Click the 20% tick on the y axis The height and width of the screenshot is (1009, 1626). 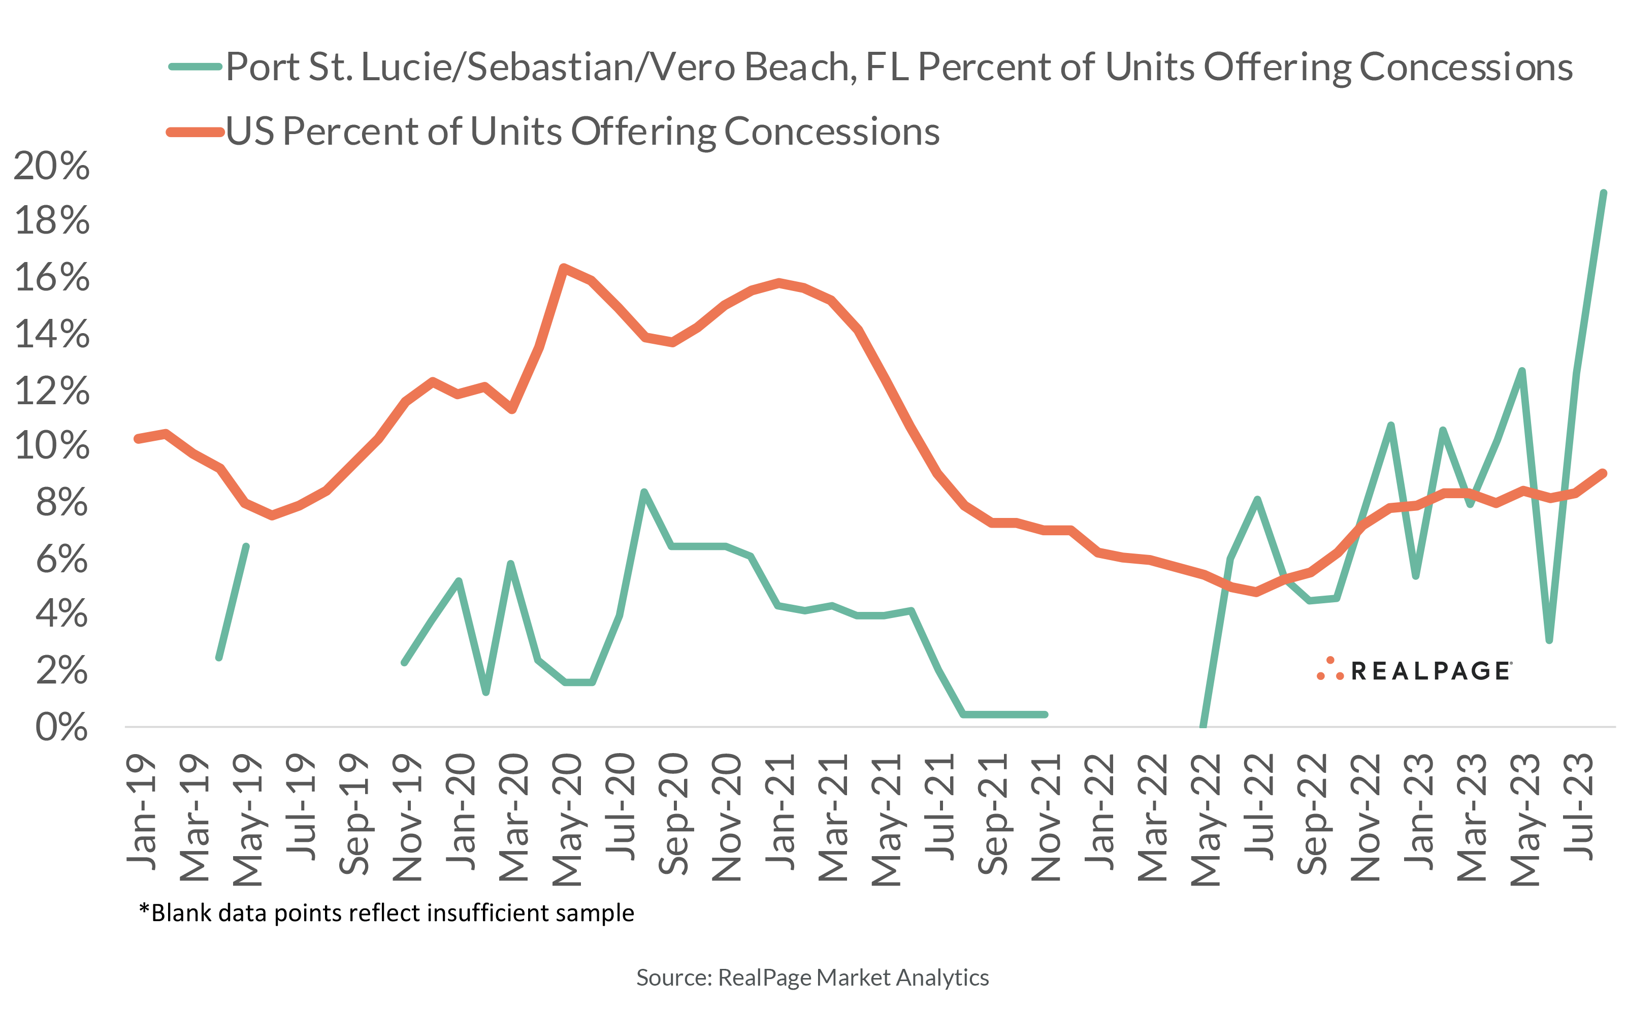pyautogui.click(x=51, y=166)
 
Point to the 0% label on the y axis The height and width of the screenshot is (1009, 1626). pyautogui.click(x=61, y=727)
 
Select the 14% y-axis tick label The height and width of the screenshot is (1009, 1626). pyautogui.click(x=51, y=334)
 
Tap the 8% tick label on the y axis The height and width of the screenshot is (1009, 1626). pyautogui.click(x=61, y=503)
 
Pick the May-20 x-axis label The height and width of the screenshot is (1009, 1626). pyautogui.click(x=567, y=820)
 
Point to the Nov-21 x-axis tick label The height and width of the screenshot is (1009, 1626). pyautogui.click(x=1046, y=818)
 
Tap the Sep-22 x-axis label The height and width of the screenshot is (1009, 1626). pyautogui.click(x=1312, y=814)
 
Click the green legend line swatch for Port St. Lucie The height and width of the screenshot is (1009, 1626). pyautogui.click(x=195, y=67)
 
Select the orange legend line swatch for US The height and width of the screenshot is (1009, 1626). pyautogui.click(x=195, y=132)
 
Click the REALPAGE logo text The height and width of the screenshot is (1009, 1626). pyautogui.click(x=1430, y=671)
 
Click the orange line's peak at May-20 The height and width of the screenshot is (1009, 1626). pyautogui.click(x=564, y=268)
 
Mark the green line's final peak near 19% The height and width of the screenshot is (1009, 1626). pyautogui.click(x=1603, y=193)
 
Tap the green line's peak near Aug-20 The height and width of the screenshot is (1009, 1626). pyautogui.click(x=644, y=493)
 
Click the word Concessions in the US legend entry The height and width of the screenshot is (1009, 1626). pyautogui.click(x=831, y=132)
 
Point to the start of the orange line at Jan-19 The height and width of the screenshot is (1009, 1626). pyautogui.click(x=138, y=438)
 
